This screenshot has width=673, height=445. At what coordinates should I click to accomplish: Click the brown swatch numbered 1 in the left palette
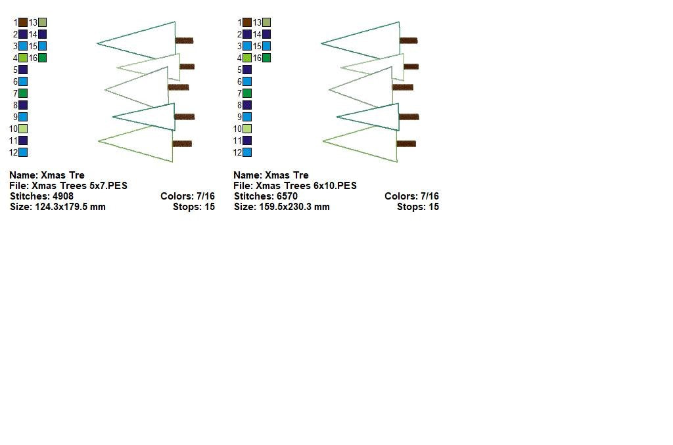pos(23,22)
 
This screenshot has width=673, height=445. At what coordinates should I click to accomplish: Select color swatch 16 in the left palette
pos(43,58)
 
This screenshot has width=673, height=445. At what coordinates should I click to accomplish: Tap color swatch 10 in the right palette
pos(247,129)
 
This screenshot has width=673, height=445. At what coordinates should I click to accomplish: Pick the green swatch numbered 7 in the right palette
pos(247,93)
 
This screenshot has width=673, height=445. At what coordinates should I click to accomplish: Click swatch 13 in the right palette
pos(267,22)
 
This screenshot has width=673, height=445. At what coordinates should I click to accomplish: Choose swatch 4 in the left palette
pos(23,58)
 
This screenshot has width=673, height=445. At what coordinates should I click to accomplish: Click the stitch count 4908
pos(62,196)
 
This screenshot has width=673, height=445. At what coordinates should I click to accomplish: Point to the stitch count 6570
pos(287,196)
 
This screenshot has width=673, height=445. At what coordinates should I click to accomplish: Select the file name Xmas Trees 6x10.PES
pos(306,186)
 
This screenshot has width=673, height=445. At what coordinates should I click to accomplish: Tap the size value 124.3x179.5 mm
pos(70,207)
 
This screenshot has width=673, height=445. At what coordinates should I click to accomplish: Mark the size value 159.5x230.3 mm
pos(294,207)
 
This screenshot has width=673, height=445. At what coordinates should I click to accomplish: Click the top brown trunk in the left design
pos(184,41)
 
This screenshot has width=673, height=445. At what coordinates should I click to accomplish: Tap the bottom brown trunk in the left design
pos(182,144)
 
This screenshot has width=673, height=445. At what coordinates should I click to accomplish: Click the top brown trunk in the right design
pos(408,41)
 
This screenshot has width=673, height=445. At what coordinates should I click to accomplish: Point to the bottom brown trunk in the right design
pos(406,144)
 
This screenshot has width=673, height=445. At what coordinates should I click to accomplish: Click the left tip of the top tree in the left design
pos(98,44)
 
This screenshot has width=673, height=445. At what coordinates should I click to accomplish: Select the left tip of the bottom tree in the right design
pos(323,140)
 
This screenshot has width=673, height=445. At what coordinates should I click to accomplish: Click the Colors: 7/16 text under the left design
pos(187,196)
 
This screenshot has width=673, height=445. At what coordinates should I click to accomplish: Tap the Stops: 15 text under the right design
pos(417,207)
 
